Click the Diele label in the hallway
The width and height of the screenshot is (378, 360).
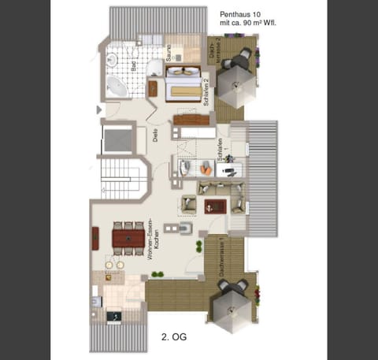point(155,135)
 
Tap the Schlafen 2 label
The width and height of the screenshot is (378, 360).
point(206,92)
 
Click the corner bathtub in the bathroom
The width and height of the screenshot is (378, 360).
point(117,85)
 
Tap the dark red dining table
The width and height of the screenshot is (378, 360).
point(128,235)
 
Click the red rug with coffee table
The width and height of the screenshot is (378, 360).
point(215,206)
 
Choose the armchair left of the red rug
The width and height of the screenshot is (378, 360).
point(189,205)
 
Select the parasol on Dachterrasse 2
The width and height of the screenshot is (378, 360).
point(234,81)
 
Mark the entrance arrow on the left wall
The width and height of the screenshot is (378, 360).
point(98,108)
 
